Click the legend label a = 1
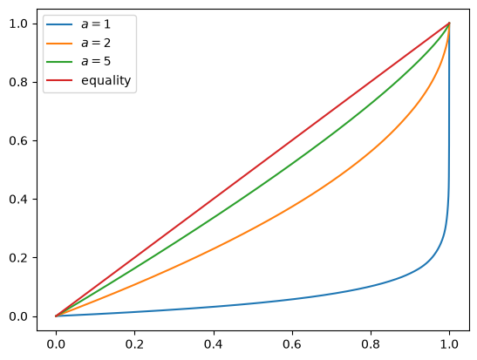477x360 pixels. [96, 24]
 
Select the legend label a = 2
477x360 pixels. [96, 44]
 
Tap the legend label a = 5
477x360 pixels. [96, 61]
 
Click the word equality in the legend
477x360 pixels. [106, 80]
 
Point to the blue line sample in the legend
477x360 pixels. [59, 24]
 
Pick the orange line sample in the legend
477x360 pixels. [59, 44]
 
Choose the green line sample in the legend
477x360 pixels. [59, 62]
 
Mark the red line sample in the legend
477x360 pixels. [59, 80]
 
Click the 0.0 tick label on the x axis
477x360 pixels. [56, 344]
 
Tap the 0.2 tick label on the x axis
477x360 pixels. [134, 344]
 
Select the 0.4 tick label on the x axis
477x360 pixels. [214, 344]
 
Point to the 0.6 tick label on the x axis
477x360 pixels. [292, 344]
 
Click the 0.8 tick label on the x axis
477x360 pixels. [371, 344]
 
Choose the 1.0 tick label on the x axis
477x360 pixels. [449, 344]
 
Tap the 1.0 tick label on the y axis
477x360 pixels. [18, 24]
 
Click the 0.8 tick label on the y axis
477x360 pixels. [18, 83]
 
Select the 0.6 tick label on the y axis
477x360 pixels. [18, 141]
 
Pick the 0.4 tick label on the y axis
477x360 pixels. [18, 200]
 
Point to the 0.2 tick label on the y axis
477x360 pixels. [18, 258]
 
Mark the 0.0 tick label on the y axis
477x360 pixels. [18, 316]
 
